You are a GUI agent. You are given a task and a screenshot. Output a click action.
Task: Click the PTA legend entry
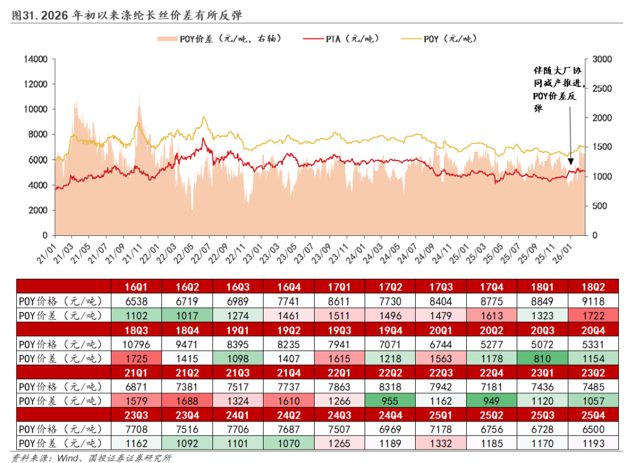point(341,39)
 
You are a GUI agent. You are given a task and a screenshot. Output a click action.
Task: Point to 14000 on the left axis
point(36,59)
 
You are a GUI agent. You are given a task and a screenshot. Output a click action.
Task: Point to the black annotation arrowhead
point(570,162)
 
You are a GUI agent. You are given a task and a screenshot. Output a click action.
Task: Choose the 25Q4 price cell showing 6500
point(592,429)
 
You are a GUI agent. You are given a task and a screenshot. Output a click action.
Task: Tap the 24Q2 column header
point(289,415)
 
